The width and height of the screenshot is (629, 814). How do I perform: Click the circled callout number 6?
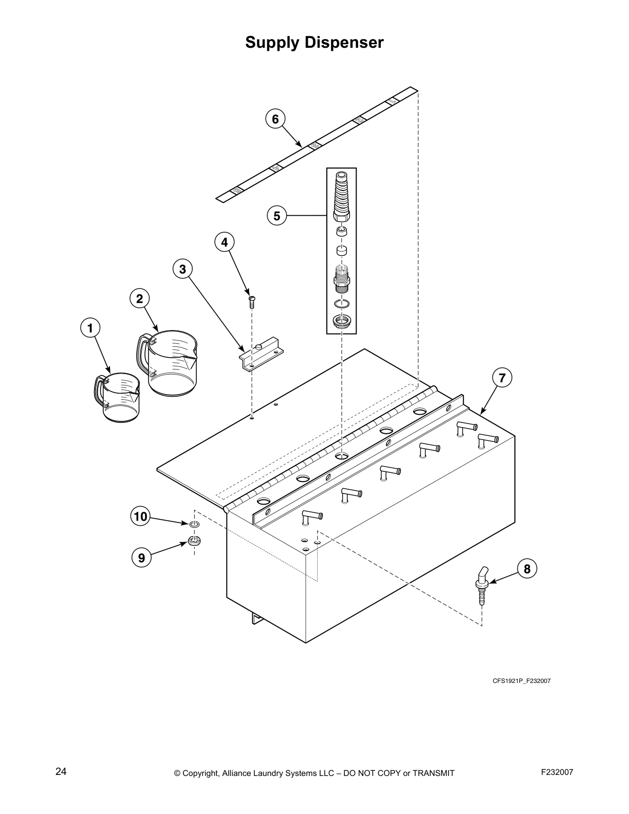pyautogui.click(x=275, y=119)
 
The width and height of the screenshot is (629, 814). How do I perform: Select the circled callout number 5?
pyautogui.click(x=277, y=216)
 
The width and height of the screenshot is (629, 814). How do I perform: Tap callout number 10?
pyautogui.click(x=140, y=516)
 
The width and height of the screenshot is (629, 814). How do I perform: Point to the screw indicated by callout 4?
pyautogui.click(x=251, y=301)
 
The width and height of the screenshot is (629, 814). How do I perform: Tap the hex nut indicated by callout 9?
pyautogui.click(x=194, y=541)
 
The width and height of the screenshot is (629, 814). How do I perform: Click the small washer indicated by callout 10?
pyautogui.click(x=194, y=524)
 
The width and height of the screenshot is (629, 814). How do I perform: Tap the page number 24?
pyautogui.click(x=61, y=771)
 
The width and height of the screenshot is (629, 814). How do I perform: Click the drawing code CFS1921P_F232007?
pyautogui.click(x=522, y=681)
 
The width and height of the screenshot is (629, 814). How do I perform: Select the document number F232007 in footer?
pyautogui.click(x=557, y=772)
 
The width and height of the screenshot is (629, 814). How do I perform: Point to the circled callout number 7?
pyautogui.click(x=502, y=378)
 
